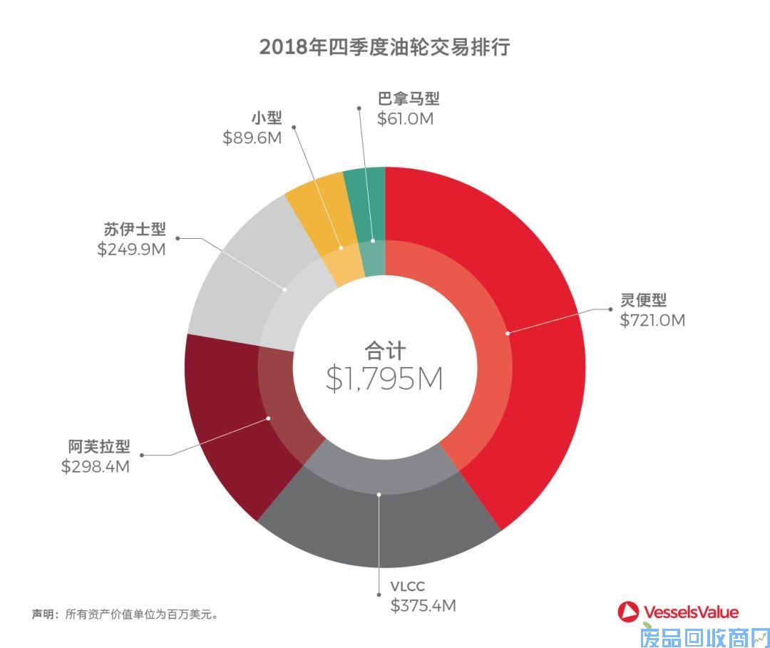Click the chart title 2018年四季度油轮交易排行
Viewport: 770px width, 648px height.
384,48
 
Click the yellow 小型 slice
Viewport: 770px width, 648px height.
317,203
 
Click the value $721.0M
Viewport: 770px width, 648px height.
652,321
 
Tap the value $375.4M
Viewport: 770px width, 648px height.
423,606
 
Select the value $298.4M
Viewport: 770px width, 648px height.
95,467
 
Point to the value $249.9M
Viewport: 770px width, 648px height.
131,250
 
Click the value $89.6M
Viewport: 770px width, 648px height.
252,138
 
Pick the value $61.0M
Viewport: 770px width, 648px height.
405,118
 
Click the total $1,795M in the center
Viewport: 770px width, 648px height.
384,379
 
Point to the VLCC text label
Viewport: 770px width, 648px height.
407,587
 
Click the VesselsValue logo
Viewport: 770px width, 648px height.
678,612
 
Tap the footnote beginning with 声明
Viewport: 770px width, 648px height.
124,613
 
